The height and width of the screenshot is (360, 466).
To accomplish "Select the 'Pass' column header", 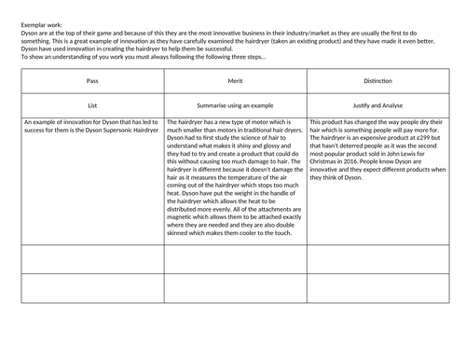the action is (x=91, y=80).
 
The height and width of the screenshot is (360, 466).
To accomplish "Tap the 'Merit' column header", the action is (x=236, y=80).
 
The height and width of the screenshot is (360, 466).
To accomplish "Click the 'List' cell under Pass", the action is (x=91, y=105).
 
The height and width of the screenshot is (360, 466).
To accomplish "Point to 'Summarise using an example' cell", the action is (x=236, y=105).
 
